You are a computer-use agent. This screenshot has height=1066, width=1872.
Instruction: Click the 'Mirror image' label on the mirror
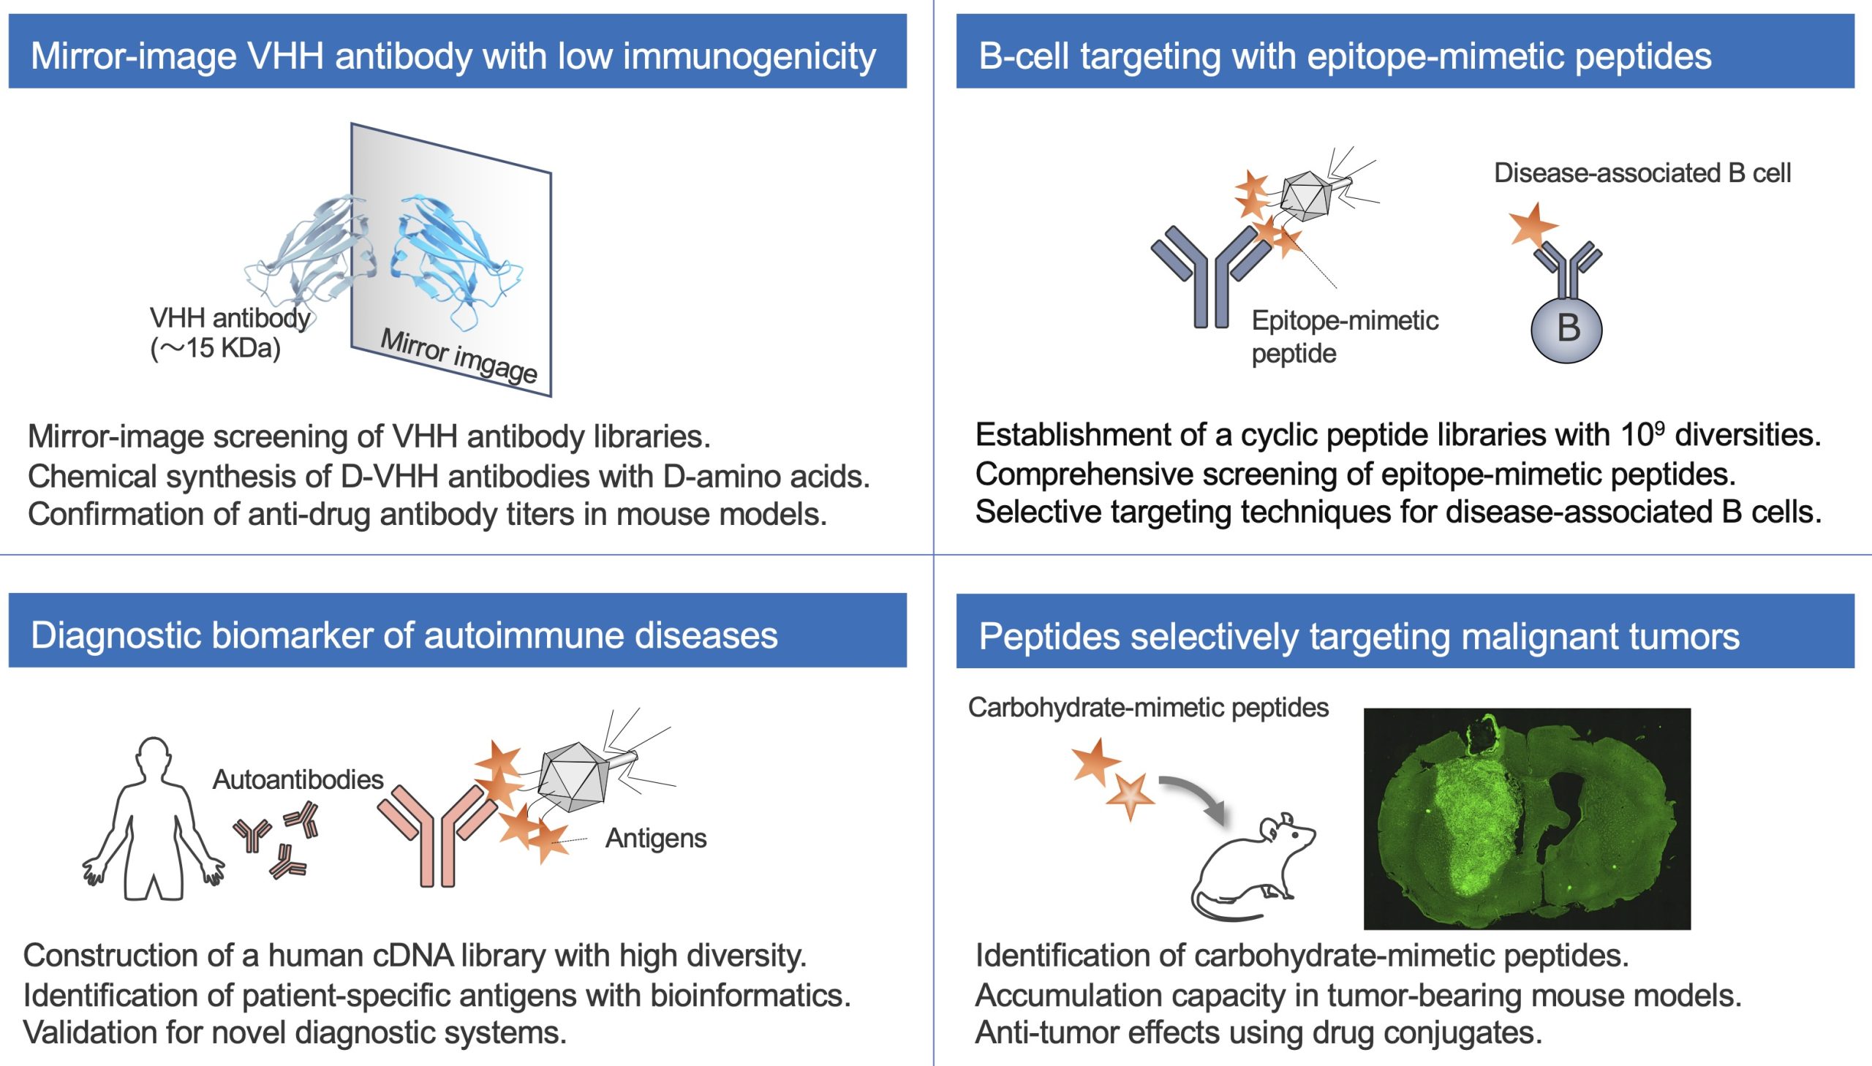459,356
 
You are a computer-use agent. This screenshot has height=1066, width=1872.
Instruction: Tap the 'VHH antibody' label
230,318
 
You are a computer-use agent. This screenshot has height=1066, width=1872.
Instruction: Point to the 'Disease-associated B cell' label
1642,173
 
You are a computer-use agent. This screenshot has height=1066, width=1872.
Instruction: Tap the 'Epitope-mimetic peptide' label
1345,337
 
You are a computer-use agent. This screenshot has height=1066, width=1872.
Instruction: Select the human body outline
153,819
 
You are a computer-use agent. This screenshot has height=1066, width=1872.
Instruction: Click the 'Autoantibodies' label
298,779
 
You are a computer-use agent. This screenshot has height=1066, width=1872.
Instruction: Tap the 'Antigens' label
656,838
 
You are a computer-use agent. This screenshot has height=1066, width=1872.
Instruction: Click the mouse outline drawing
1253,866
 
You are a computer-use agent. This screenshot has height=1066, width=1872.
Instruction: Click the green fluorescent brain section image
1527,819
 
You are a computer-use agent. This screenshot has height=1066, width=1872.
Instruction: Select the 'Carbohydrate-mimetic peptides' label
1148,707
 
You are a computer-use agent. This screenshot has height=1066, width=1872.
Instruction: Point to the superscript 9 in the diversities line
1661,427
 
